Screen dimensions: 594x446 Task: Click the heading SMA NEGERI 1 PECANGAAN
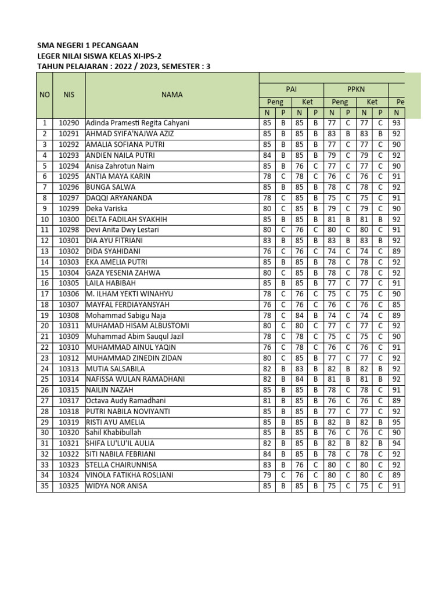(x=88, y=45)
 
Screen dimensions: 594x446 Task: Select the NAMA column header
(x=172, y=95)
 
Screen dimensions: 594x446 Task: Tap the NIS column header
(x=69, y=95)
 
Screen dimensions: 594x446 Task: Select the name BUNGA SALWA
(x=111, y=187)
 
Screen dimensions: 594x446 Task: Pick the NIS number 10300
(x=69, y=219)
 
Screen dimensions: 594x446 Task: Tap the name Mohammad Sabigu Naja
(x=126, y=315)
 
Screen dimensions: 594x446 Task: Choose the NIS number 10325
(x=69, y=486)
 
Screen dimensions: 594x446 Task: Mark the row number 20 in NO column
(x=45, y=325)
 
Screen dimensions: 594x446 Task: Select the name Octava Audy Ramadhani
(x=126, y=400)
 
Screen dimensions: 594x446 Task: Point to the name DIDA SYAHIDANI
(x=114, y=251)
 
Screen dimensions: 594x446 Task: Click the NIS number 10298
(x=69, y=230)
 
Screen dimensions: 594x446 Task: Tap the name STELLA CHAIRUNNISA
(x=123, y=464)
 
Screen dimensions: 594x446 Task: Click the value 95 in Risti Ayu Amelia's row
(x=397, y=422)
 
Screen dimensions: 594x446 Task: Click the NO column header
(x=45, y=95)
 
